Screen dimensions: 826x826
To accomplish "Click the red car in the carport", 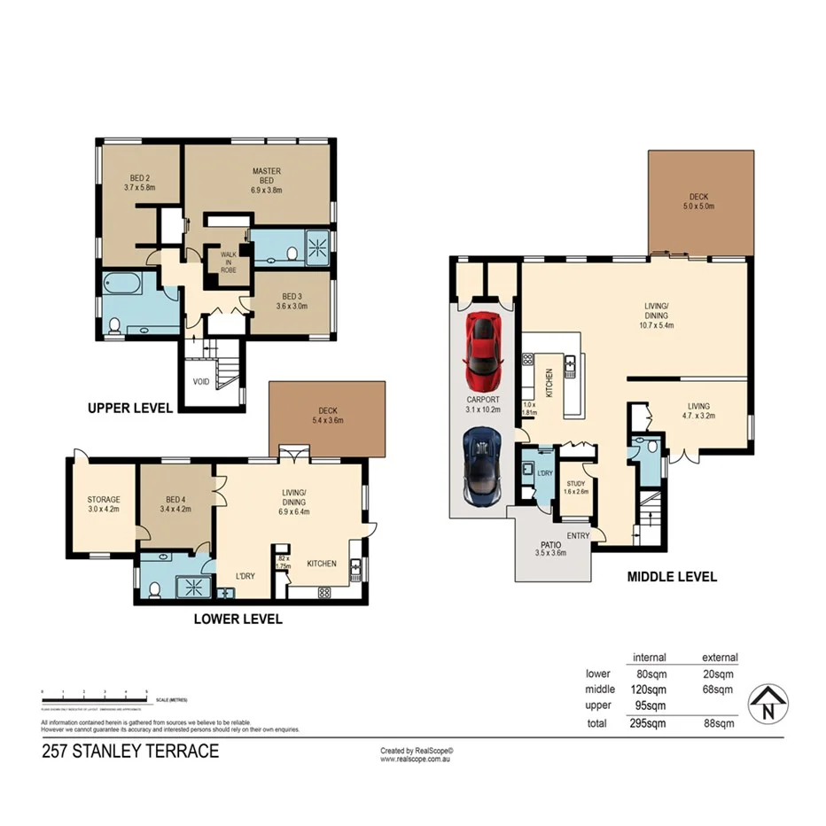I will [483, 351].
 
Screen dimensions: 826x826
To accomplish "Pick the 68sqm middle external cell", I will [717, 690].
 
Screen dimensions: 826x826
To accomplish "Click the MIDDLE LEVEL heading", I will [672, 576].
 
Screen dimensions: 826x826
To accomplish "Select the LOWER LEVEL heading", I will [238, 619].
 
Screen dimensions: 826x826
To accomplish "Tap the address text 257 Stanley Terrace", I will [130, 752].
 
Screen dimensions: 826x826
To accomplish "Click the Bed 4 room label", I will [175, 504].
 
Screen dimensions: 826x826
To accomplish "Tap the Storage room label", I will [103, 504].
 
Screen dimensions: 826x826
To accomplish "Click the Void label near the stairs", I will [201, 382].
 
